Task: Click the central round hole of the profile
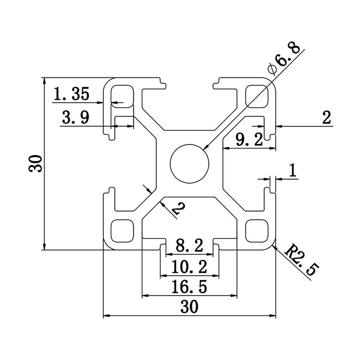189,163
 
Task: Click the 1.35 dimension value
72,94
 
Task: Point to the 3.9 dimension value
75,118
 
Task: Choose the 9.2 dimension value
249,140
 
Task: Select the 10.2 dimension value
189,268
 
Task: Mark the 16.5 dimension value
189,287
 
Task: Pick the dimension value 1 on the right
292,171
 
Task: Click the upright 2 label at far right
327,118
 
